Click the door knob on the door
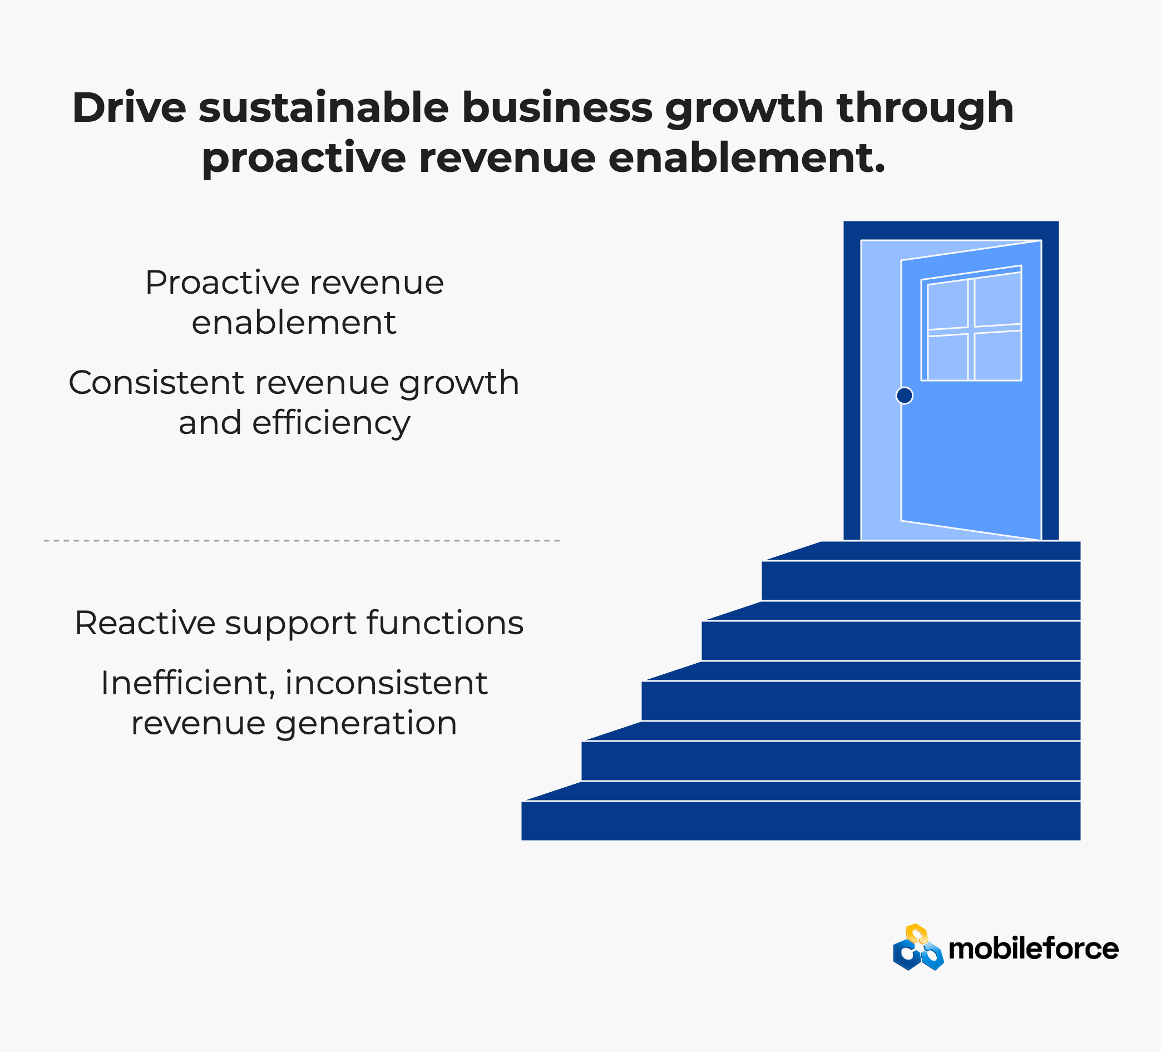(904, 396)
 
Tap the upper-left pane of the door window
(947, 305)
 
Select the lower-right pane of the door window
(997, 355)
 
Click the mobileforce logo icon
(918, 948)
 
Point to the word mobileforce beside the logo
(1033, 949)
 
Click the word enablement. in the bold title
(747, 158)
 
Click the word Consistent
(157, 382)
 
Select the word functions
(445, 623)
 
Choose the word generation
(366, 724)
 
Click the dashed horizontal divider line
(302, 541)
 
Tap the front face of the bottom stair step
(801, 821)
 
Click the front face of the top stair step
(921, 580)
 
